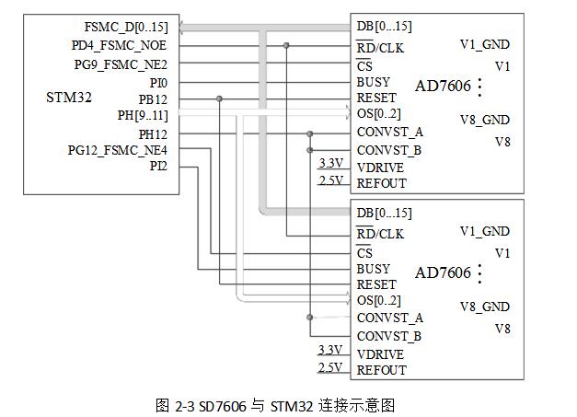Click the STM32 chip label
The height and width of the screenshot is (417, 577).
coord(69,98)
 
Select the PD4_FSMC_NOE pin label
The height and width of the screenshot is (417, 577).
coord(119,45)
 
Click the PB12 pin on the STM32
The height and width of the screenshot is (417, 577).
coord(153,98)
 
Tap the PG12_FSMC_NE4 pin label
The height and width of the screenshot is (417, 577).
coord(118,150)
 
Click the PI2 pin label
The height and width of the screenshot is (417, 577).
coord(157,167)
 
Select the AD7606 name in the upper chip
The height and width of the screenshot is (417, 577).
coord(443,87)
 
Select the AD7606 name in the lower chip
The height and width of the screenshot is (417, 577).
coord(443,273)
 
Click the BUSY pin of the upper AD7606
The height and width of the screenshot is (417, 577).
coord(374,83)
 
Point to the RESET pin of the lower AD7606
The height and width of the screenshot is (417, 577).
coord(376,285)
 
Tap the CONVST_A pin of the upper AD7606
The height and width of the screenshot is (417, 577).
coord(388,133)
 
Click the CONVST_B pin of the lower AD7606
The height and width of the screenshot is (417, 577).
coord(388,336)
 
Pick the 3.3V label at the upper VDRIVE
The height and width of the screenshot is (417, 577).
coord(329,164)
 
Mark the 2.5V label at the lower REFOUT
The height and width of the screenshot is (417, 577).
coord(329,367)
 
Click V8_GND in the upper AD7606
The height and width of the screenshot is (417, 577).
coord(485,120)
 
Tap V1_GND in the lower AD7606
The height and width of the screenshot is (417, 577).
coord(485,232)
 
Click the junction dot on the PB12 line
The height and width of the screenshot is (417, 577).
coord(219,98)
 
